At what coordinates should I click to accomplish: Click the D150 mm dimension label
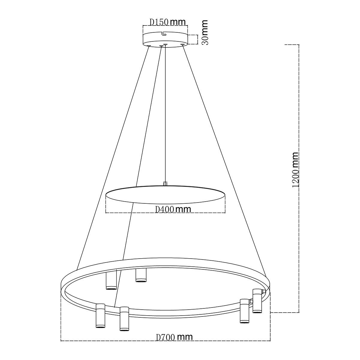point(167,22)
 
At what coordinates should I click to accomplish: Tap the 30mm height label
point(205,32)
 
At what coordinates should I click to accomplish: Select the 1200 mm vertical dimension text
point(295,170)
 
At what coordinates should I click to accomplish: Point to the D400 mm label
point(173,209)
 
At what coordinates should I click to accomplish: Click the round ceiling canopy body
point(165,40)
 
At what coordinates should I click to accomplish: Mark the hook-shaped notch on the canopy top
point(164,33)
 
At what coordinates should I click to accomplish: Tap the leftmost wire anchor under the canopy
point(149,46)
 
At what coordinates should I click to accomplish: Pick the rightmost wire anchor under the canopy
point(182,45)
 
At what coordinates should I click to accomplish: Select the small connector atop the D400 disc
point(164,183)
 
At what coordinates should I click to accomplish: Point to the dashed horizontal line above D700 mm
point(165,341)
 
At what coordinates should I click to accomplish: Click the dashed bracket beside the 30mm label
point(197,39)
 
